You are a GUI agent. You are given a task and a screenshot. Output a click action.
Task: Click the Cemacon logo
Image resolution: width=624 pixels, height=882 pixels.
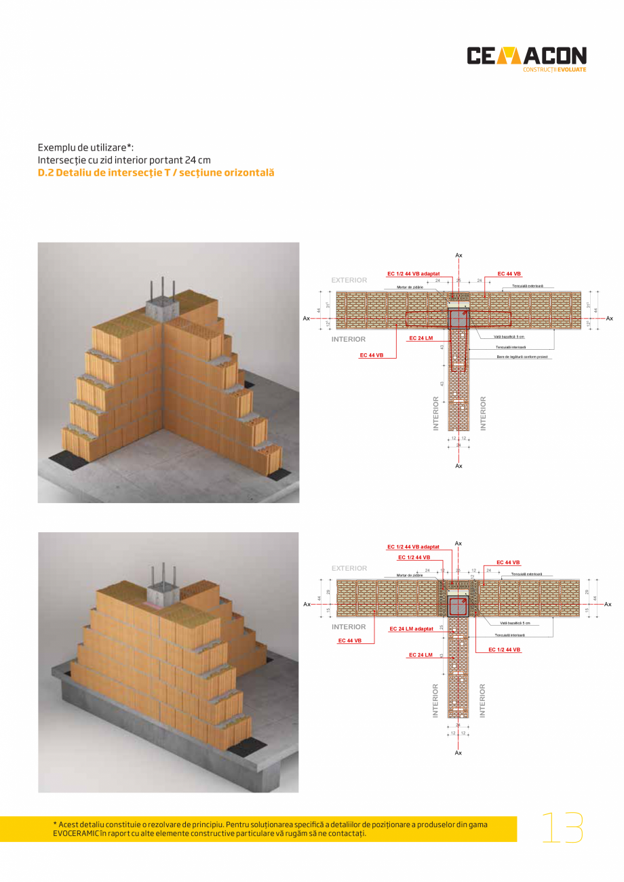[526, 57]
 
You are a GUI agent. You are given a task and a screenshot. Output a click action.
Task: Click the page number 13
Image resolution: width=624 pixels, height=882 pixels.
[562, 828]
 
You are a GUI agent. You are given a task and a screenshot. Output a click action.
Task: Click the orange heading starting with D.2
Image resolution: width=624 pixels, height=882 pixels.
[156, 173]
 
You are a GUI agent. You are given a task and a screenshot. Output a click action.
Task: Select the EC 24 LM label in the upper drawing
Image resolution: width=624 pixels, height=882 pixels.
[421, 338]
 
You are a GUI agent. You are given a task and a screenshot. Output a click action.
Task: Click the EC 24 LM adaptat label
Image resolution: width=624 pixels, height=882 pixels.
[411, 629]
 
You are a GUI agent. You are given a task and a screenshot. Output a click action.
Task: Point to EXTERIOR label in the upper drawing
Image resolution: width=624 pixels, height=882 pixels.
[349, 280]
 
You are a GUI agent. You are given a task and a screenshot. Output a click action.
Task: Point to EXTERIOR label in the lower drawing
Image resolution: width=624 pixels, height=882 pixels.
[349, 568]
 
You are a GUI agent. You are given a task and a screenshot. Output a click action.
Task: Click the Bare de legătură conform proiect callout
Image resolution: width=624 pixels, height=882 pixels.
[522, 357]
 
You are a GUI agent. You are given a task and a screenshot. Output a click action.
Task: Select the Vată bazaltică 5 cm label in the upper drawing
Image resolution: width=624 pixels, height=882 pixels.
[509, 337]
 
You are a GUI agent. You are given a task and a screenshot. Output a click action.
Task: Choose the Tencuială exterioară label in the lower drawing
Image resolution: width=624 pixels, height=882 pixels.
[526, 574]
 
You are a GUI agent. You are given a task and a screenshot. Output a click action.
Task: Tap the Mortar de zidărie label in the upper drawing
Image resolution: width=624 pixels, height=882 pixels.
[410, 287]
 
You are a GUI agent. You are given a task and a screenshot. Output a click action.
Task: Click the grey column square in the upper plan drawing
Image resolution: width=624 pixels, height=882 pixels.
[459, 318]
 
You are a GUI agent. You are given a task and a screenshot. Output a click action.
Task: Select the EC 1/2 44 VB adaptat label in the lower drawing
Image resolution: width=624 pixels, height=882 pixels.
[413, 546]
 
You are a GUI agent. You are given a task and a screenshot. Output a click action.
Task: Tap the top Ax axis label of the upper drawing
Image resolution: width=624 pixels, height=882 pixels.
[459, 255]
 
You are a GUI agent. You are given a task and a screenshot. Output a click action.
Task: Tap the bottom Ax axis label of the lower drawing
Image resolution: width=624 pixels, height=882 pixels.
[459, 753]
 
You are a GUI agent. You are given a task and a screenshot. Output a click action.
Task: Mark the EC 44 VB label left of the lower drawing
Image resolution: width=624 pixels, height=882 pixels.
[350, 640]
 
